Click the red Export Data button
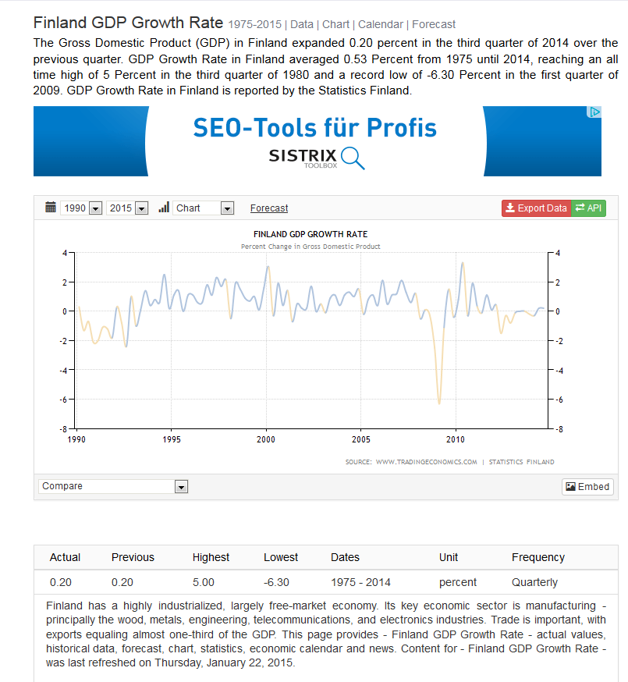point(537,208)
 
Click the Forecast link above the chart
point(269,208)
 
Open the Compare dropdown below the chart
point(113,486)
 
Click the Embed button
point(587,486)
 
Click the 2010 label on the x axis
point(456,439)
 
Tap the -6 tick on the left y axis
point(67,400)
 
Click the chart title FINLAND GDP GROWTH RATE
point(310,234)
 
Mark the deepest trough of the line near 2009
point(439,403)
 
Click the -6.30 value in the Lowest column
point(276,582)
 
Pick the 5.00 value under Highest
point(204,582)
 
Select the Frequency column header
point(538,557)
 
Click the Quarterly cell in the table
point(534,582)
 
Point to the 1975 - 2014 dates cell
point(360,582)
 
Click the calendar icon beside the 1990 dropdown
point(51,208)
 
